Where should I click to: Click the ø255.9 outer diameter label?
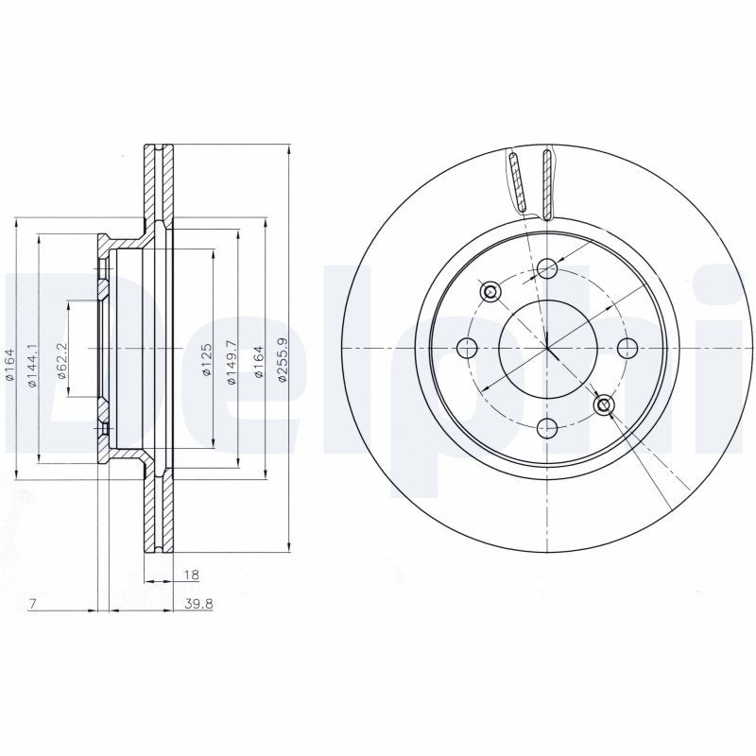click(283, 360)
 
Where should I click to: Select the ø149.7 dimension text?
click(232, 362)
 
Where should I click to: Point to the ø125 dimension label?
click(206, 360)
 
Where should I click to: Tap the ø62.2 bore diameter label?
click(61, 361)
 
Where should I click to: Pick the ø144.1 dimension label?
click(31, 366)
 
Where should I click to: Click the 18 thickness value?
click(192, 575)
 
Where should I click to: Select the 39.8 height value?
click(198, 604)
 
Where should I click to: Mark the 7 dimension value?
click(32, 604)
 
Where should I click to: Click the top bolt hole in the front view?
click(547, 268)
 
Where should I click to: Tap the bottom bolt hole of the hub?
click(547, 427)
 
